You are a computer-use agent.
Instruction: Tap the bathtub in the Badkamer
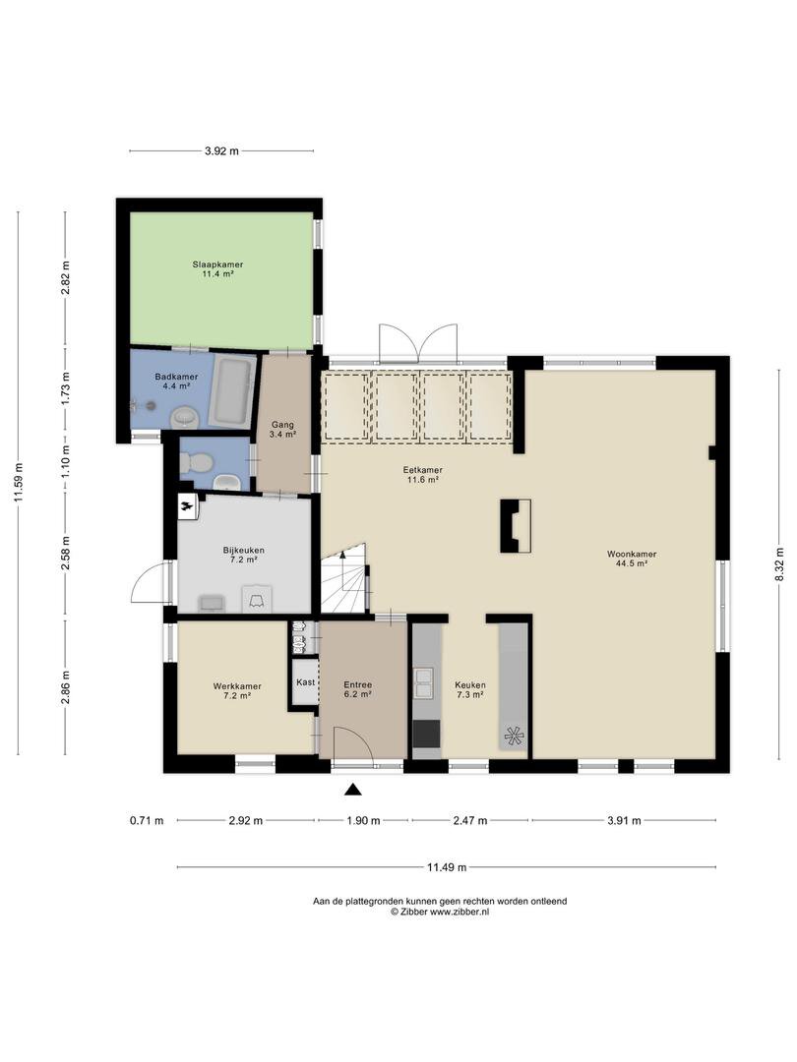(232, 390)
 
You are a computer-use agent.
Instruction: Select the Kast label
(306, 682)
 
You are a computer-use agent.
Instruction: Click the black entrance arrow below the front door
(352, 789)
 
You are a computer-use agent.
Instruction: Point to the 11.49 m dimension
(446, 867)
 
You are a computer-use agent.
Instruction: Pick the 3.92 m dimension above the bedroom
(221, 151)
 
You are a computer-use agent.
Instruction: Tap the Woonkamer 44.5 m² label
(632, 559)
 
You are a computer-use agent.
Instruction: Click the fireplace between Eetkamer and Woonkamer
(515, 525)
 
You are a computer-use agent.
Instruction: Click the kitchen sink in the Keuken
(424, 682)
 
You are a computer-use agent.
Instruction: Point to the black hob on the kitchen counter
(426, 733)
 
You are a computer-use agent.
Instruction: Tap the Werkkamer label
(237, 686)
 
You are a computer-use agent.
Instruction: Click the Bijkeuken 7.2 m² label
(244, 555)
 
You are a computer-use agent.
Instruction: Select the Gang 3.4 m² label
(283, 430)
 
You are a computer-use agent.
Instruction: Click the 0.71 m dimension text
(147, 821)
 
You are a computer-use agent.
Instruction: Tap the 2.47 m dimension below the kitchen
(470, 821)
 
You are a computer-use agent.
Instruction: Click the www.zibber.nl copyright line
(440, 912)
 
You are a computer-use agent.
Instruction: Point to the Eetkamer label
(423, 470)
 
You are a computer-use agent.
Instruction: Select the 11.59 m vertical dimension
(19, 483)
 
